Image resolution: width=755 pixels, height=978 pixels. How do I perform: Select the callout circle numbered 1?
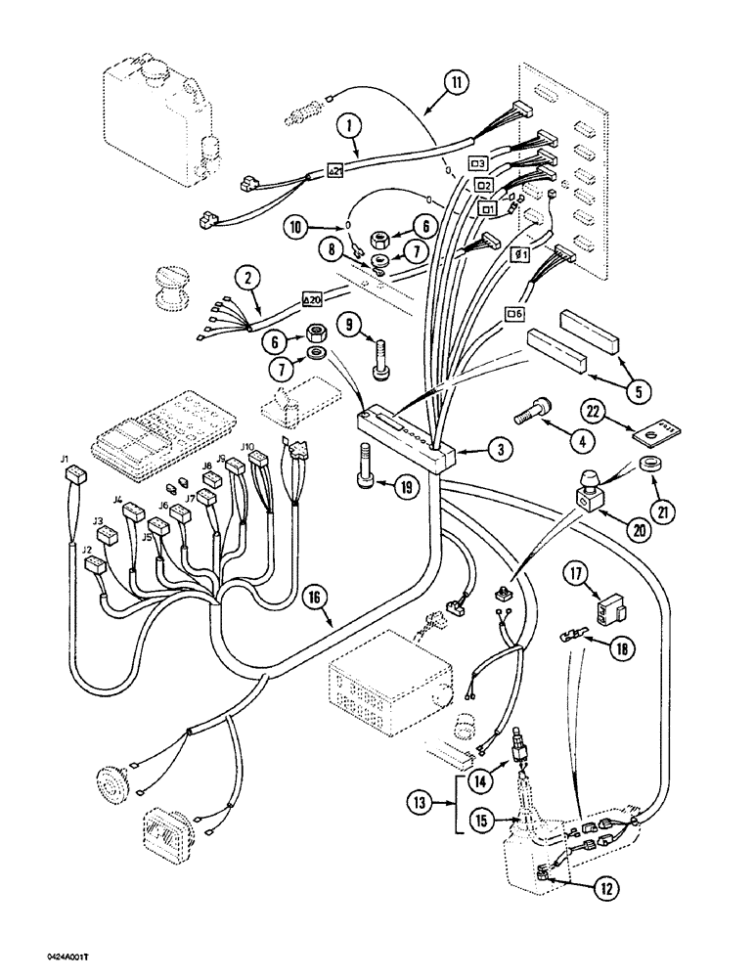(346, 126)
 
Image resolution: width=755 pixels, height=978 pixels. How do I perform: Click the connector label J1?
(66, 457)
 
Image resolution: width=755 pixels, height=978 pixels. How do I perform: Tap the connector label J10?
(248, 447)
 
